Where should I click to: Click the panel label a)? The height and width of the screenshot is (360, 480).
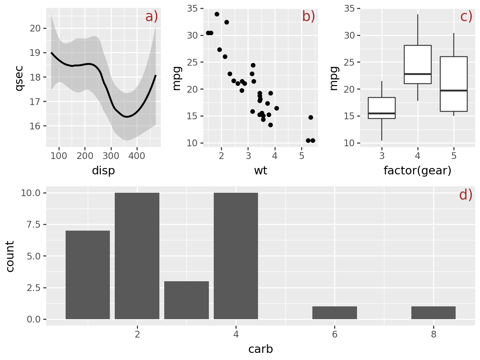[x=152, y=17]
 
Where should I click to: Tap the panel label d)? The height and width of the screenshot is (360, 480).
[x=466, y=195]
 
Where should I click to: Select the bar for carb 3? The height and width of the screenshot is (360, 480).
[x=186, y=300]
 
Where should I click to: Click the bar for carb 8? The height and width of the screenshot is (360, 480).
[x=433, y=313]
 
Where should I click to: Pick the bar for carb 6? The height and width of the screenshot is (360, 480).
[x=334, y=313]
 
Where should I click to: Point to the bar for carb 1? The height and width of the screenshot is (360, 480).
[x=88, y=275]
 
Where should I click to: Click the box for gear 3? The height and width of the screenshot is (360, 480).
[x=382, y=108]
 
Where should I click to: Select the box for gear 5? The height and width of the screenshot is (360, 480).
[x=454, y=84]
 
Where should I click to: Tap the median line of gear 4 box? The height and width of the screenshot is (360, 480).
[x=418, y=74]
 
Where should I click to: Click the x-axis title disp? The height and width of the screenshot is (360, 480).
[x=103, y=171]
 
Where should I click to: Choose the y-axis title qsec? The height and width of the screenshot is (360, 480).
[x=19, y=78]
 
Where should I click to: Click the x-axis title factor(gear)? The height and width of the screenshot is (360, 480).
[x=417, y=171]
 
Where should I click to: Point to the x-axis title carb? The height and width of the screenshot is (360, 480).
[x=261, y=349]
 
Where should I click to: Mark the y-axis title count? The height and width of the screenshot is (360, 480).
[x=10, y=256]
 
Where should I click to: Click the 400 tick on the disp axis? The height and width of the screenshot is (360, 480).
[x=137, y=156]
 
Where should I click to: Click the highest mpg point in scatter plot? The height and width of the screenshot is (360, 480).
[x=217, y=14]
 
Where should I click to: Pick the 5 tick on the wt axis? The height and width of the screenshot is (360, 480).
[x=302, y=156]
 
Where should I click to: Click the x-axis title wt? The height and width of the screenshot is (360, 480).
[x=261, y=171]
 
